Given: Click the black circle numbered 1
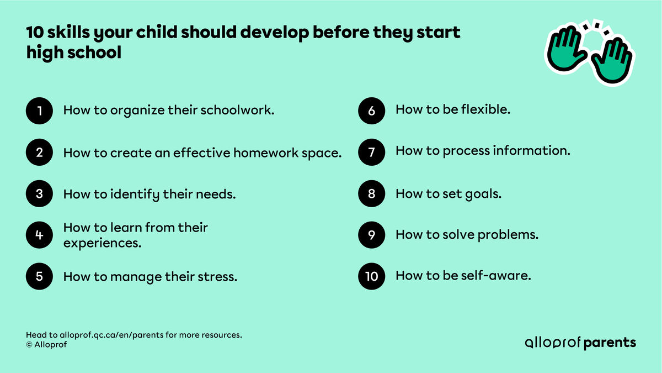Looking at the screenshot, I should tap(39, 111).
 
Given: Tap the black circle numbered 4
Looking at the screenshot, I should tap(39, 235).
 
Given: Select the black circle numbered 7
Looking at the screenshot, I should tap(372, 152).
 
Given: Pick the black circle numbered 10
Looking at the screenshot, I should tap(372, 276).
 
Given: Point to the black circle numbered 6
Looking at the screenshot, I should tap(372, 111).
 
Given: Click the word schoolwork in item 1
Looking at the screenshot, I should tap(241, 111).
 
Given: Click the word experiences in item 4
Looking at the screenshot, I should tap(102, 243).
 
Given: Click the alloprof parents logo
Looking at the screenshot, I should tap(580, 343).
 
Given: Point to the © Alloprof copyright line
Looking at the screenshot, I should tap(47, 345).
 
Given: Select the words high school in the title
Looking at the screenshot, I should tap(73, 53).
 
